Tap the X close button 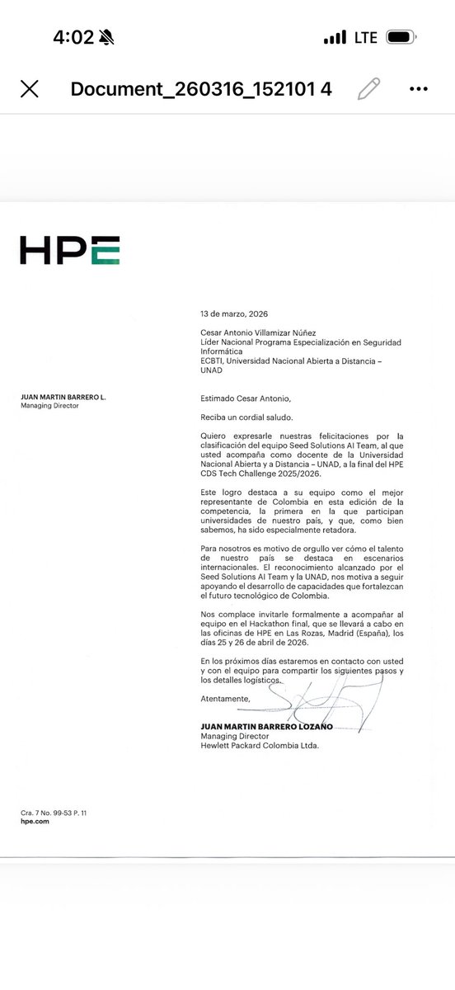pyautogui.click(x=29, y=89)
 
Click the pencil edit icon pyautogui.click(x=369, y=88)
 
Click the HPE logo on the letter pyautogui.click(x=70, y=250)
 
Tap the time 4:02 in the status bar pyautogui.click(x=73, y=38)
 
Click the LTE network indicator pyautogui.click(x=365, y=38)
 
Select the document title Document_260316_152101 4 pyautogui.click(x=201, y=89)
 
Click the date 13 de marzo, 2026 pyautogui.click(x=234, y=313)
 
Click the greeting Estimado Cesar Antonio pyautogui.click(x=245, y=398)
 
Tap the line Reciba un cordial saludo pyautogui.click(x=246, y=418)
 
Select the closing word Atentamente pyautogui.click(x=224, y=698)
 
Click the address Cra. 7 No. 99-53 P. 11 pyautogui.click(x=54, y=813)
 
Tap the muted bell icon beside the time pyautogui.click(x=107, y=38)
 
